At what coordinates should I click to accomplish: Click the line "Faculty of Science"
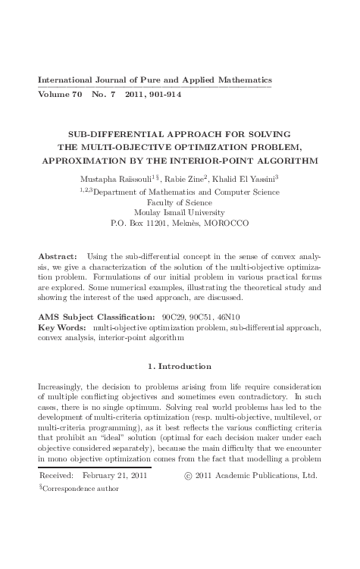click(x=180, y=202)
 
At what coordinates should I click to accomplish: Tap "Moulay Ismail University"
click(x=180, y=213)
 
